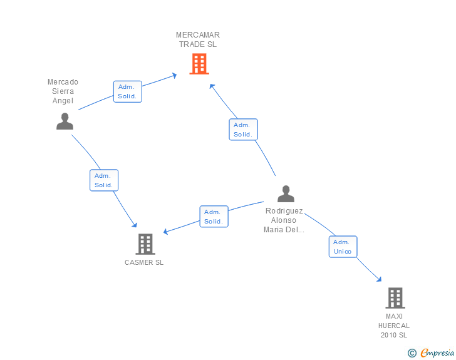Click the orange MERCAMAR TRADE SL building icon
click(199, 64)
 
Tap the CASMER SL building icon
click(145, 244)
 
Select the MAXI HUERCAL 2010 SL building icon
click(395, 298)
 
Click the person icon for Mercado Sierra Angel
click(65, 121)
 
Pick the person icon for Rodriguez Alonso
click(286, 193)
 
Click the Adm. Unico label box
click(343, 247)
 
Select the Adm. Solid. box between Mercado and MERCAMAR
click(128, 91)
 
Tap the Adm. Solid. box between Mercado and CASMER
click(104, 180)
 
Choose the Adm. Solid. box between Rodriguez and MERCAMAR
click(243, 130)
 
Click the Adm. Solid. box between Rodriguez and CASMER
click(214, 217)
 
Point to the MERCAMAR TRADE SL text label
click(198, 39)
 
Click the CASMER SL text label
click(144, 262)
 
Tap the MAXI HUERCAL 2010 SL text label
click(394, 326)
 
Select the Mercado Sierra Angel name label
click(63, 91)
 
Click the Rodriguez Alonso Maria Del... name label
click(284, 220)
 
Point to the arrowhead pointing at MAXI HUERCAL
click(379, 279)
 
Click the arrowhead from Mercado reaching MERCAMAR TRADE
click(175, 76)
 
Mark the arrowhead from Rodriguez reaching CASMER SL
click(166, 232)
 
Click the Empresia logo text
click(437, 353)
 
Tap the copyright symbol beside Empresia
click(412, 353)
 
